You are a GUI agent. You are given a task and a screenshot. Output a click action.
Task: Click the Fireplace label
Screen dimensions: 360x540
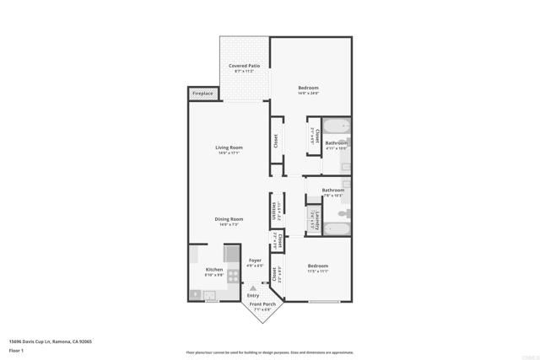pyautogui.click(x=202, y=93)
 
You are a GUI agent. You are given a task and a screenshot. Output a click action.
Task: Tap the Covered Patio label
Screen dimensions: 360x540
pyautogui.click(x=244, y=66)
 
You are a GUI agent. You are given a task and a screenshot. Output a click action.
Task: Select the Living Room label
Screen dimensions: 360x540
pyautogui.click(x=229, y=148)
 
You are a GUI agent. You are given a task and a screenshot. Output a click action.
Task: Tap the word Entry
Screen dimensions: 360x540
pyautogui.click(x=253, y=296)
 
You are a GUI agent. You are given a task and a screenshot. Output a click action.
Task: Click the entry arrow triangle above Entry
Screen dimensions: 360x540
pyautogui.click(x=252, y=288)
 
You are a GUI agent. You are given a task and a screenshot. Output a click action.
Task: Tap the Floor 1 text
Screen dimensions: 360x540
pyautogui.click(x=18, y=350)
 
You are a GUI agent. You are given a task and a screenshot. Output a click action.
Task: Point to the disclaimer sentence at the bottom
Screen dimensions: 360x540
pyautogui.click(x=270, y=352)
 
